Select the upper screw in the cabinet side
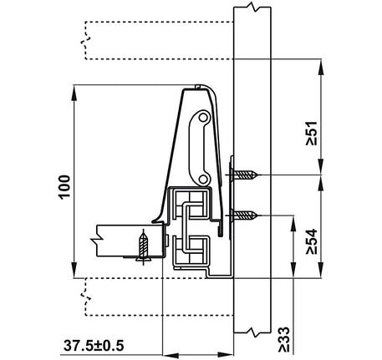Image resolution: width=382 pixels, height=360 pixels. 247,175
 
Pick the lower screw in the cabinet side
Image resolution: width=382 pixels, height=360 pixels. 247,217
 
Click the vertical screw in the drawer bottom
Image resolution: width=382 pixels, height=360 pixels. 145,246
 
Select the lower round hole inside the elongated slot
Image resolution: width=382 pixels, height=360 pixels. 201,177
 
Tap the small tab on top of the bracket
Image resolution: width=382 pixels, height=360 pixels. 197,86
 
